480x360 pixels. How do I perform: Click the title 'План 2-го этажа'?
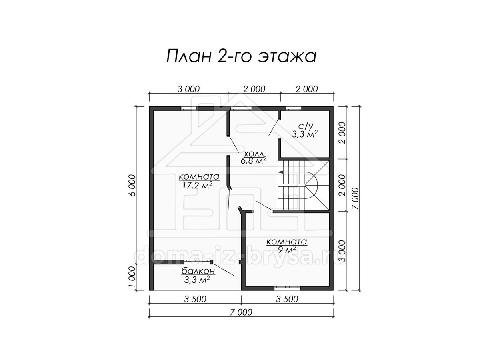pyautogui.click(x=241, y=56)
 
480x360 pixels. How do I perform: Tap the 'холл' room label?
pyautogui.click(x=254, y=154)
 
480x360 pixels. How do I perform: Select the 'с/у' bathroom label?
pyautogui.click(x=306, y=126)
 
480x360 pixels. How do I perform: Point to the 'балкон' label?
pyautogui.click(x=198, y=271)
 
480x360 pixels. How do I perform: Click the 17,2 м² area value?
pyautogui.click(x=197, y=185)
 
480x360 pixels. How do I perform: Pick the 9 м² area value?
pyautogui.click(x=287, y=248)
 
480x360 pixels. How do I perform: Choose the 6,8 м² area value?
pyautogui.click(x=253, y=161)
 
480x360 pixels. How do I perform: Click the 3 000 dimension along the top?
pyautogui.click(x=188, y=89)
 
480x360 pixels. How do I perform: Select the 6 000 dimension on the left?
pyautogui.click(x=132, y=186)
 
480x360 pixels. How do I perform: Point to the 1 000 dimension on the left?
pyautogui.click(x=132, y=277)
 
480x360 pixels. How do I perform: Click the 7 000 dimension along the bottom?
pyautogui.click(x=241, y=312)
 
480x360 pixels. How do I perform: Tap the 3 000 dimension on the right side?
pyautogui.click(x=342, y=251)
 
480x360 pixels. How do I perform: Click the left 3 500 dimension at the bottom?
pyautogui.click(x=195, y=299)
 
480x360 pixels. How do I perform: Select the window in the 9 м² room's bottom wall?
pyautogui.click(x=287, y=288)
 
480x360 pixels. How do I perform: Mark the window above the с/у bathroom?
pyautogui.click(x=294, y=109)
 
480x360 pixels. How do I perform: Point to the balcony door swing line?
pyautogui.click(x=224, y=269)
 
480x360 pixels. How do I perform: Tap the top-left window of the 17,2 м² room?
pyautogui.click(x=189, y=109)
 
